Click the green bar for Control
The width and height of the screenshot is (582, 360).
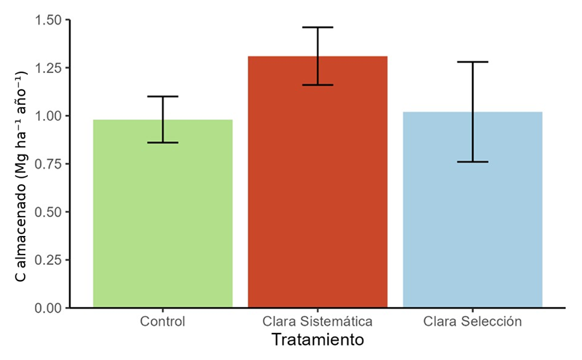click(x=162, y=213)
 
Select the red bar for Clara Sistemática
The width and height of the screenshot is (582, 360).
click(x=318, y=182)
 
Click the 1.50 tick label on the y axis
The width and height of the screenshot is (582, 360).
click(x=49, y=20)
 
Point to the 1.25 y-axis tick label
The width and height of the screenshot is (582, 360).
click(x=49, y=68)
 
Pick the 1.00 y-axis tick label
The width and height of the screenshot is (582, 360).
click(x=49, y=116)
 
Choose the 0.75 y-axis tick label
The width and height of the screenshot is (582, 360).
click(x=49, y=164)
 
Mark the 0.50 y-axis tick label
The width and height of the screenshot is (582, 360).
click(x=49, y=212)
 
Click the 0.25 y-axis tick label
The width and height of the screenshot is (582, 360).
click(x=49, y=260)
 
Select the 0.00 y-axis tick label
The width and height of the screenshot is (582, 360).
click(x=49, y=308)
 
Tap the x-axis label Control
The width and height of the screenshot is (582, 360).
click(x=162, y=321)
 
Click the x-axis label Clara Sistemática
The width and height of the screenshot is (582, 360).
click(x=318, y=321)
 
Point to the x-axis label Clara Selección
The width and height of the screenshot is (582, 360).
click(x=472, y=321)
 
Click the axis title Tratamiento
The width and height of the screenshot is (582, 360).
click(x=317, y=339)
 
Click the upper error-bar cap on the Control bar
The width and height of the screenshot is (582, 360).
click(x=162, y=96)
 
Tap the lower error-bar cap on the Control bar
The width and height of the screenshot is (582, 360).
click(x=162, y=142)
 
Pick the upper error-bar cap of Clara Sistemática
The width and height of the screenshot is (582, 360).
click(x=318, y=27)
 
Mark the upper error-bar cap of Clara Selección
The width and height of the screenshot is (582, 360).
click(x=472, y=62)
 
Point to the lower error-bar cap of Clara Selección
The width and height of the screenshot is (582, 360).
click(x=472, y=162)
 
